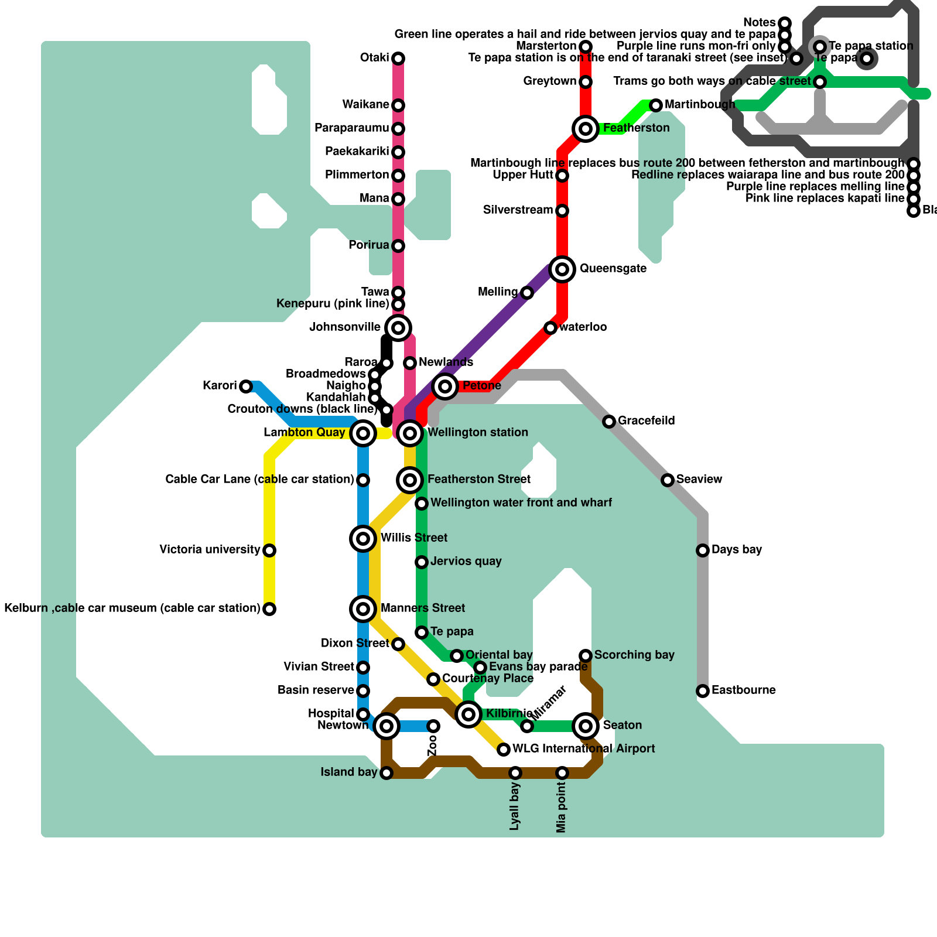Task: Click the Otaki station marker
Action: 398,58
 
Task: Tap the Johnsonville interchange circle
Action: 398,327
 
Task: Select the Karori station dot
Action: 246,386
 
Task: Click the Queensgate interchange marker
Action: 562,269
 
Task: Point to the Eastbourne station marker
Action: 703,691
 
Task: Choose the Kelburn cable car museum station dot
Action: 269,609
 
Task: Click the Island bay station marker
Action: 387,773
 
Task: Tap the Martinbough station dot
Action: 656,105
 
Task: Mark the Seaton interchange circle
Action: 586,726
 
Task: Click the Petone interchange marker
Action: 445,386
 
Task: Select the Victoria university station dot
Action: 269,550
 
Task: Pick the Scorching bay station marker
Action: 586,655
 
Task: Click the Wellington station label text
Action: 477,433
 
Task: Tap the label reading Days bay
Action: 736,550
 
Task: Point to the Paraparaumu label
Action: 351,128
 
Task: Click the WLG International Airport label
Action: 583,749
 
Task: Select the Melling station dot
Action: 527,293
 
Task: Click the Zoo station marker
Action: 433,726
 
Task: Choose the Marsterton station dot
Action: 586,46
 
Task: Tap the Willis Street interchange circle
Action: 363,538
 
